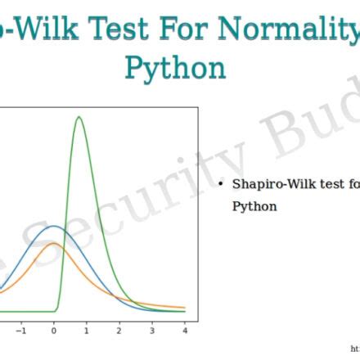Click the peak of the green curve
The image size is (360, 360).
[79, 117]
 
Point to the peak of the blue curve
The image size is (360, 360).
[53, 226]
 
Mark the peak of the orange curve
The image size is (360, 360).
[53, 243]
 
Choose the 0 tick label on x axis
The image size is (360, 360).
[54, 331]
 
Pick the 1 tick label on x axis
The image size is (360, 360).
[87, 331]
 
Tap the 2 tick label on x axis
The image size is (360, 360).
[119, 331]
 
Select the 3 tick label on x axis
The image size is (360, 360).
[152, 331]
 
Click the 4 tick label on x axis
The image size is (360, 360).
[185, 331]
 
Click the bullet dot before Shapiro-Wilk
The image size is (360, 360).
[221, 185]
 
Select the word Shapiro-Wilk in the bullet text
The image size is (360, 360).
[270, 185]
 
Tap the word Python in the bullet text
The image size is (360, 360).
[254, 206]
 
